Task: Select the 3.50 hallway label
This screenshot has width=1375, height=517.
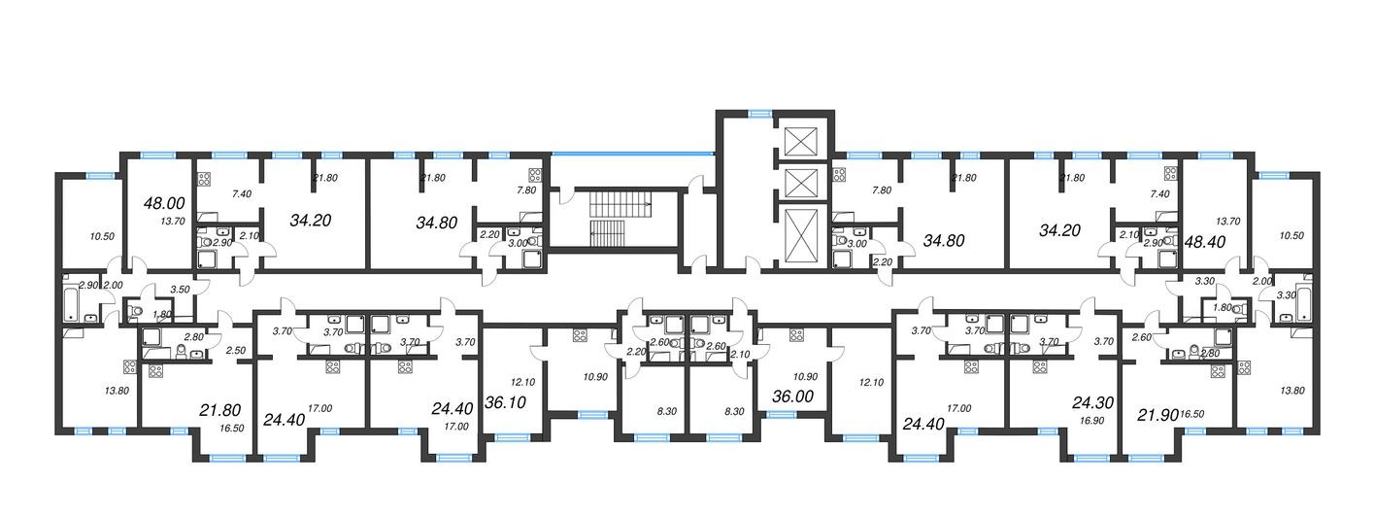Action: tap(179, 290)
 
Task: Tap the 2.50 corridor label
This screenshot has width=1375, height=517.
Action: tap(234, 350)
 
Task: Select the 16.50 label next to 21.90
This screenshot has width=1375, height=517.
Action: tap(1193, 414)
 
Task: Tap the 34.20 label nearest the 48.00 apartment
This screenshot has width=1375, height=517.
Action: tap(310, 220)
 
